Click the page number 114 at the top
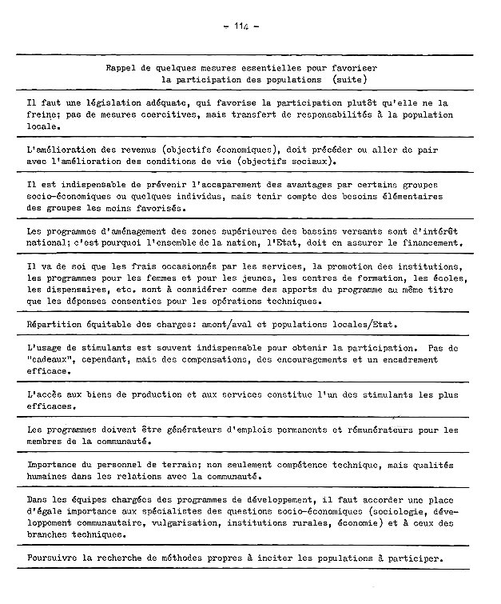tap(241, 26)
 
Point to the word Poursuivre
tap(54, 558)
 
